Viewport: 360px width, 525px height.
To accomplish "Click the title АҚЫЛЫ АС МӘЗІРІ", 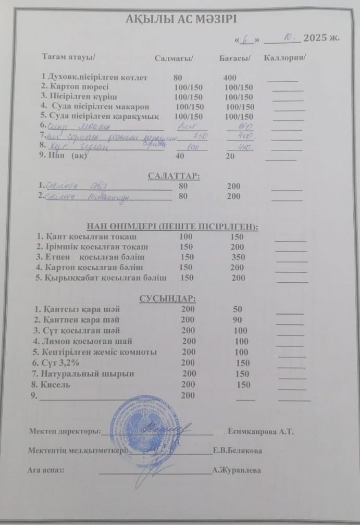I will (x=181, y=20).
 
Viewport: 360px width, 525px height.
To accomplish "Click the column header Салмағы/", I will (x=175, y=57).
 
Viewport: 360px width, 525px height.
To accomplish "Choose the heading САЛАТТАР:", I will (x=171, y=176).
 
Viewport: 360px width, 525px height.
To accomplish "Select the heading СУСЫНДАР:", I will (x=167, y=298).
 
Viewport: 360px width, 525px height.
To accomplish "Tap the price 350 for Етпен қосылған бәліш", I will (x=239, y=257).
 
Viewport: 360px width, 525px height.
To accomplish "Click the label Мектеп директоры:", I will (x=64, y=432).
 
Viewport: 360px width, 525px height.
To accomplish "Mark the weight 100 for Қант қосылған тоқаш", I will (x=186, y=237).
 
